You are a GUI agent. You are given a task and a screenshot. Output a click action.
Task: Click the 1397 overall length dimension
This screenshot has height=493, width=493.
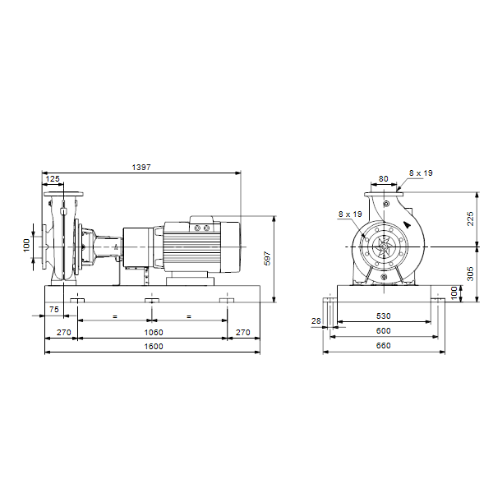pyautogui.click(x=141, y=168)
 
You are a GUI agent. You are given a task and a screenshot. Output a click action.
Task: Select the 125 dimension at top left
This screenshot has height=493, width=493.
pyautogui.click(x=53, y=178)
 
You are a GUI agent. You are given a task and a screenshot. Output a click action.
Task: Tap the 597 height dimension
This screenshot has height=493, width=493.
pyautogui.click(x=267, y=258)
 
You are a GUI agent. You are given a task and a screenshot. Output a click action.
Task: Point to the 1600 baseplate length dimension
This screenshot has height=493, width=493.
pyautogui.click(x=154, y=346)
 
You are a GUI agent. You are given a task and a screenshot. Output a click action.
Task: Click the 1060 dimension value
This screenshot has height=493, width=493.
pyautogui.click(x=154, y=332)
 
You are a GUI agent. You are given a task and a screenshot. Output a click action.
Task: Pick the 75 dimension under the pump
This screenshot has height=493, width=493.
pyautogui.click(x=54, y=310)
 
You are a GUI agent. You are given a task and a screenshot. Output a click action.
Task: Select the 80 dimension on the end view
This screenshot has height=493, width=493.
pyautogui.click(x=383, y=178)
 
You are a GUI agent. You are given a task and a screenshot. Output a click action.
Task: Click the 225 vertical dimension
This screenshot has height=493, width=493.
pyautogui.click(x=470, y=219)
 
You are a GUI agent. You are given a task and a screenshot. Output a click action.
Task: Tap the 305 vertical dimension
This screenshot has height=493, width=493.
pyautogui.click(x=470, y=274)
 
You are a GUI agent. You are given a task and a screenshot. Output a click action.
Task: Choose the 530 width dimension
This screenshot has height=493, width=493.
pyautogui.click(x=383, y=316)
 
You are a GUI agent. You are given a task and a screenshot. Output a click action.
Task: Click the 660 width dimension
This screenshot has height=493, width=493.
pyautogui.click(x=383, y=346)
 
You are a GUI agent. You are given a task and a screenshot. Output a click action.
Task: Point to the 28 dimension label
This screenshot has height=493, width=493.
pyautogui.click(x=316, y=320)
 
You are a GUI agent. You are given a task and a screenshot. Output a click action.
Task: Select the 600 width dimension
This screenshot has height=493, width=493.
pyautogui.click(x=383, y=331)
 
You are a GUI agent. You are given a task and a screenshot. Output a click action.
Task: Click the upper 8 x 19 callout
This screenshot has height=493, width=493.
pyautogui.click(x=421, y=173)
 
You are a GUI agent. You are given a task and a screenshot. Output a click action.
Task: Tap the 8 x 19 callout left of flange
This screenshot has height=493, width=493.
pyautogui.click(x=350, y=214)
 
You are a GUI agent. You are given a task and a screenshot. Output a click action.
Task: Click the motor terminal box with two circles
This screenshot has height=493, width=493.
pyautogui.click(x=202, y=228)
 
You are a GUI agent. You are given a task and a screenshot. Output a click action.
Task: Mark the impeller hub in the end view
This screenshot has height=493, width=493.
pyautogui.click(x=384, y=246)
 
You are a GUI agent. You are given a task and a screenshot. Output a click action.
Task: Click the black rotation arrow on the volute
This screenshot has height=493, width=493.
pyautogui.click(x=408, y=224)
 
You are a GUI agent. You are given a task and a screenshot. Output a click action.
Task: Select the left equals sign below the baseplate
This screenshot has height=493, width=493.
pyautogui.click(x=115, y=316)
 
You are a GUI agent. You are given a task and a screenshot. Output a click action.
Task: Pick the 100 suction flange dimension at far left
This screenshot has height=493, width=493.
pyautogui.click(x=26, y=245)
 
